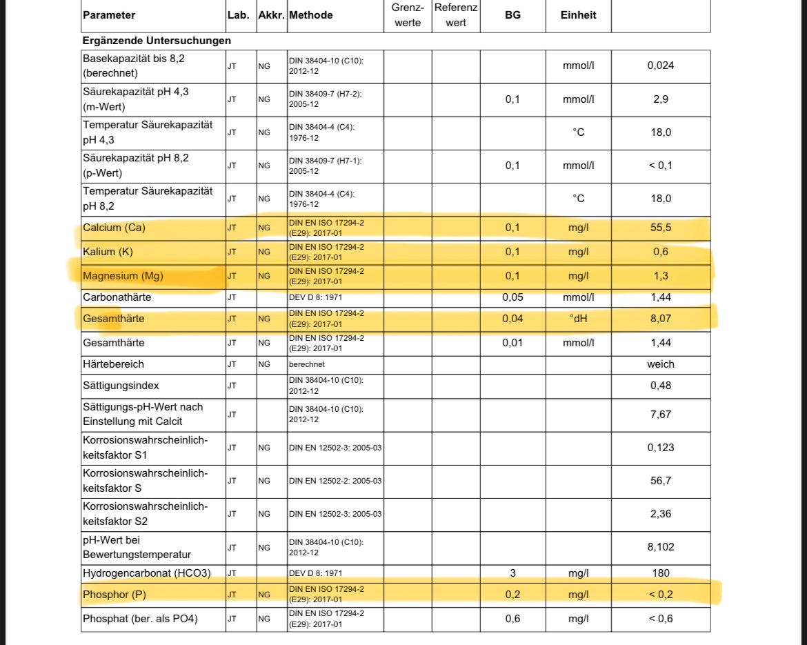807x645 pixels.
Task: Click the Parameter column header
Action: coord(109,15)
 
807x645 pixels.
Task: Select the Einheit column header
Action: coord(578,15)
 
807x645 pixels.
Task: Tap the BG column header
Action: coord(512,15)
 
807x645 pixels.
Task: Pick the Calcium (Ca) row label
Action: coord(114,228)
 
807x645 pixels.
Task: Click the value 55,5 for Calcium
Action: coord(661,228)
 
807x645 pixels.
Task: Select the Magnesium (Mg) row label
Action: coord(123,277)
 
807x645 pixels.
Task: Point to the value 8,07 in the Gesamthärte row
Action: coord(661,319)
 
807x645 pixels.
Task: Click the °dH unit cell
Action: coord(578,319)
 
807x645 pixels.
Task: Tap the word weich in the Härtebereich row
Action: coord(661,364)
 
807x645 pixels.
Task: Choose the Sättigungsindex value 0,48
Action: coord(661,386)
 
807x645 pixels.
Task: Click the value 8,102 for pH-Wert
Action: coord(661,547)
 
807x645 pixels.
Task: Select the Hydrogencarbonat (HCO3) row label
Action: coord(147,573)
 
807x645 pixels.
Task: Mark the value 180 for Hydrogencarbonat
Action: coord(661,573)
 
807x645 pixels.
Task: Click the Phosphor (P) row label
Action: coord(114,595)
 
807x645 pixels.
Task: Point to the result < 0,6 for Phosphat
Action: coord(661,619)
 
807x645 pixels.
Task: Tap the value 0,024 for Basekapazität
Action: coord(661,66)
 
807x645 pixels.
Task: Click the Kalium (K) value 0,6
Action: coord(661,252)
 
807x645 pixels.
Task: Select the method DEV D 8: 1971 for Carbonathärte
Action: coord(316,298)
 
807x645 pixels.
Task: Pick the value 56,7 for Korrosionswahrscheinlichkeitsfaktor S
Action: coord(661,481)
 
